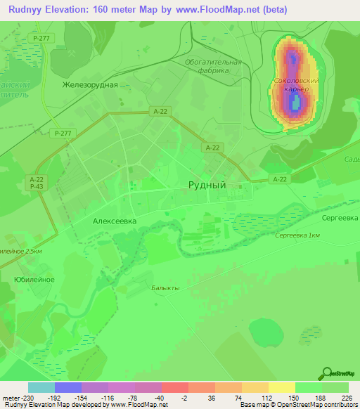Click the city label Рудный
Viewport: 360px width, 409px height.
pos(207,185)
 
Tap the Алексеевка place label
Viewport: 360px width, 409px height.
pos(115,220)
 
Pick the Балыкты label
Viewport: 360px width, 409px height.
pos(166,288)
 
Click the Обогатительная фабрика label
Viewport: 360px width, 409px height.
pos(214,66)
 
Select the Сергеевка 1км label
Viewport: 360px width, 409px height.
pos(298,235)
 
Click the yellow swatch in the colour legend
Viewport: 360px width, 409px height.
pos(281,387)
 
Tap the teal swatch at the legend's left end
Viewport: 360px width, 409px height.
pos(41,387)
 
